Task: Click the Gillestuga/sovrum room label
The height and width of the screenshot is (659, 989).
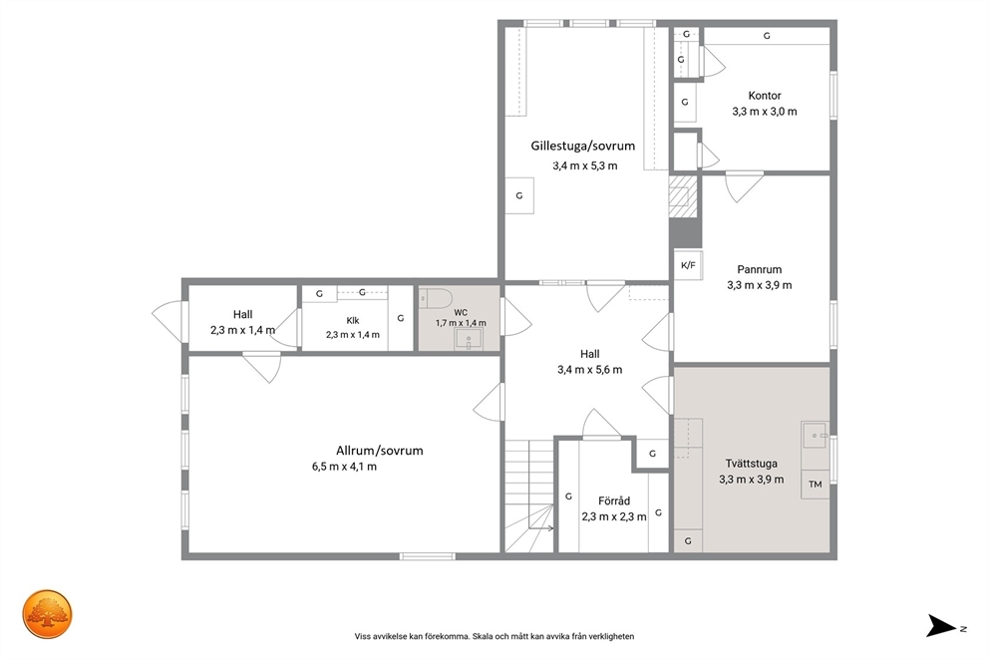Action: click(583, 147)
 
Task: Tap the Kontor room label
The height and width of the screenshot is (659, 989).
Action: click(765, 96)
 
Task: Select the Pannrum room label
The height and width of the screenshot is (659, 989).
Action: click(760, 269)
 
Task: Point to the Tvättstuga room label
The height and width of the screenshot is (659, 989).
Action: click(751, 464)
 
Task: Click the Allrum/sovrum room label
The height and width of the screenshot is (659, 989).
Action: click(379, 451)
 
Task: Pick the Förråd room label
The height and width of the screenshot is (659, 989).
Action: click(614, 501)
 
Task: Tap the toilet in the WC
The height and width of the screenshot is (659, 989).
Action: click(436, 298)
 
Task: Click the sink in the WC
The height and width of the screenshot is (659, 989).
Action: click(468, 339)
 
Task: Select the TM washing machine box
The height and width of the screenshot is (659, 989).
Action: click(815, 485)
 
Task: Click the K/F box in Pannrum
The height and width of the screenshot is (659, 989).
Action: click(688, 265)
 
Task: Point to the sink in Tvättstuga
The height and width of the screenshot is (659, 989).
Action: click(815, 435)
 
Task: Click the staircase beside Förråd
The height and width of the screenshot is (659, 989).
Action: click(528, 496)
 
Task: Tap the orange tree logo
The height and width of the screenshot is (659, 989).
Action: click(48, 614)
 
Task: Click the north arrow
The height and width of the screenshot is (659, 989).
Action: click(941, 625)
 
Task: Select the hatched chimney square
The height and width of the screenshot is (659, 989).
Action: click(684, 196)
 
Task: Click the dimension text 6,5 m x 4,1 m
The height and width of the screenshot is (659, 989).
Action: click(344, 468)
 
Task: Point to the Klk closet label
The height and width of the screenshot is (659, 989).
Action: click(353, 320)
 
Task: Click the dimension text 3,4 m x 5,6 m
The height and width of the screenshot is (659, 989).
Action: click(590, 370)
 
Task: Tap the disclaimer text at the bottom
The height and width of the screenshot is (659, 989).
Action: click(494, 637)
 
